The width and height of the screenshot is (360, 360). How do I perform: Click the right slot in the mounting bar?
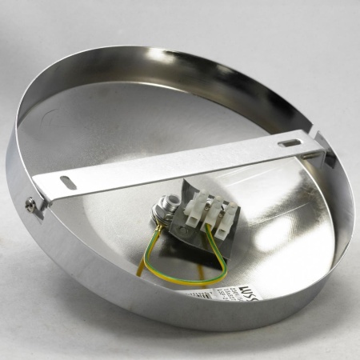point(290,143)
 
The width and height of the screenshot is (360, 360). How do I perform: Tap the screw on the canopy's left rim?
point(32,206)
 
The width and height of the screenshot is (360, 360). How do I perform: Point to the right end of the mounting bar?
point(320,144)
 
